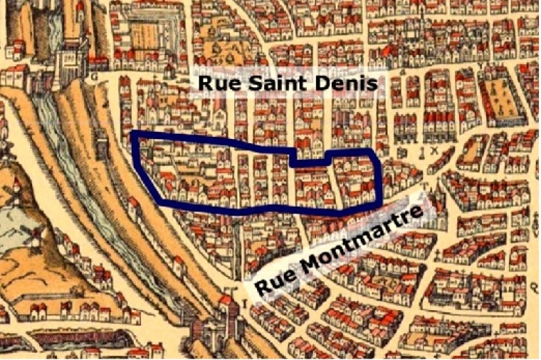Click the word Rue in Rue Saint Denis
click(217, 83)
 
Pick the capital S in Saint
click(247, 83)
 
